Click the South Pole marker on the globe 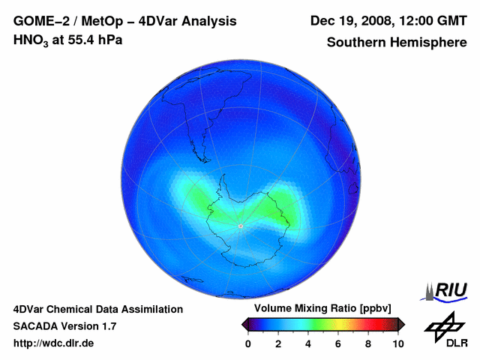point(240,225)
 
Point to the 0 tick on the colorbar point(248,344)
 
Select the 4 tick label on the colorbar point(308,344)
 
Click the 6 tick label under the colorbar point(338,344)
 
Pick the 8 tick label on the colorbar point(368,344)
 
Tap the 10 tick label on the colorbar point(397,344)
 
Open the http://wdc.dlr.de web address point(54,343)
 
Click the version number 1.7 point(108,326)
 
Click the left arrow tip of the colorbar point(244,324)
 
